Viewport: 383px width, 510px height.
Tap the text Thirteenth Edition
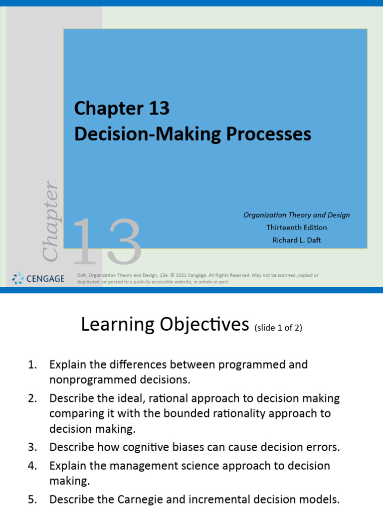[297, 227]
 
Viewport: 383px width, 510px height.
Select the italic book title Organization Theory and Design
[297, 215]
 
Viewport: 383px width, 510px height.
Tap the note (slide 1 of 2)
[278, 328]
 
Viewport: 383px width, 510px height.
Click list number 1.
[32, 365]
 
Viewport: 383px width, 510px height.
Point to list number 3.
[32, 447]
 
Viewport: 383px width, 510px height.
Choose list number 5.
[32, 499]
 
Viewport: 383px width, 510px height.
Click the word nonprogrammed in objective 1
[84, 380]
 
